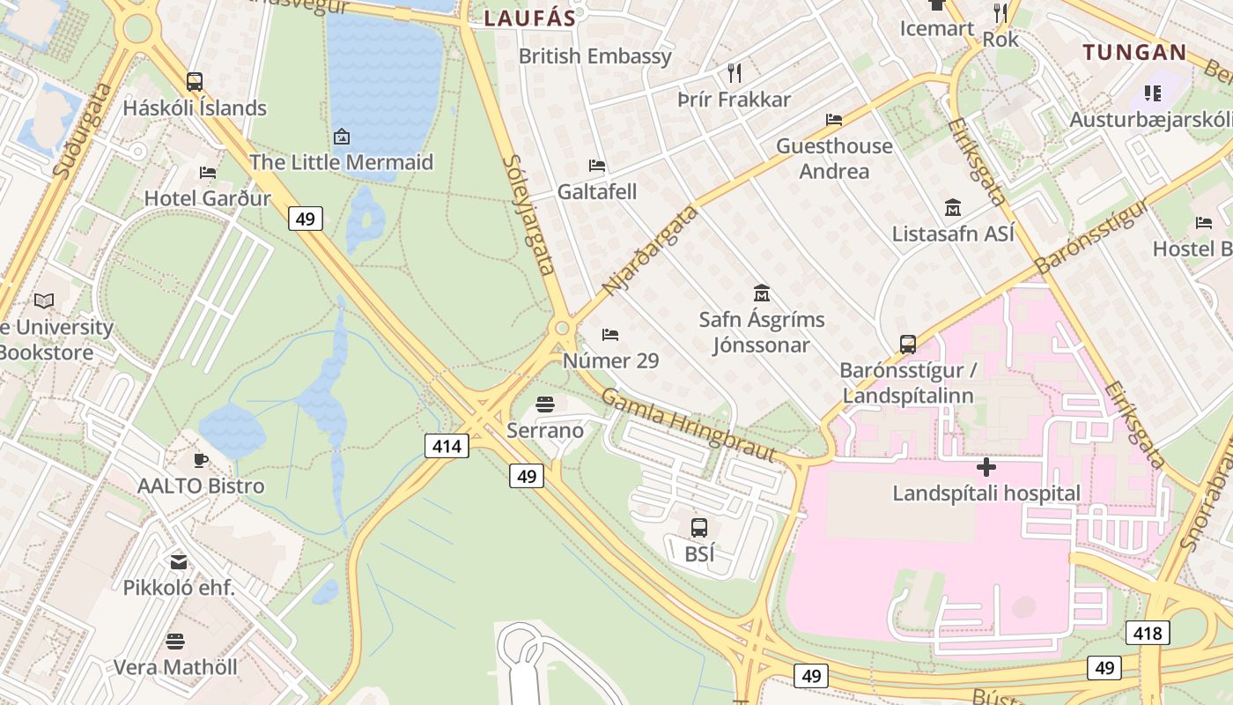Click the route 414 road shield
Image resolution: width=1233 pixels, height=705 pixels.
tap(447, 446)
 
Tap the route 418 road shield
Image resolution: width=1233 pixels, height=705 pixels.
tap(1148, 632)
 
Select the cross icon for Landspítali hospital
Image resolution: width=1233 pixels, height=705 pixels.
tap(986, 466)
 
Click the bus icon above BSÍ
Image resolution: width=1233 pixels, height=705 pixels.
tap(698, 528)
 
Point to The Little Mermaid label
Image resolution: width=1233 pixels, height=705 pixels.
tap(341, 162)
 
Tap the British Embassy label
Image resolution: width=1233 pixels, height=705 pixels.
tap(594, 56)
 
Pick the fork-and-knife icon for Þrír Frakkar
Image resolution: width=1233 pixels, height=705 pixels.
tap(735, 72)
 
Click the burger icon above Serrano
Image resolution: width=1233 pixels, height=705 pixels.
tap(545, 404)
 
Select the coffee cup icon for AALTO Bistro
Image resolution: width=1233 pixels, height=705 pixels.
tap(201, 459)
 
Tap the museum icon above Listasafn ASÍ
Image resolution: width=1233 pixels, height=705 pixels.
tap(953, 207)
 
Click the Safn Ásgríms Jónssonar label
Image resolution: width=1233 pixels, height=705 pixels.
tap(762, 331)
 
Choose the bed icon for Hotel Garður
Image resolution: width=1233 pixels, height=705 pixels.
tap(208, 172)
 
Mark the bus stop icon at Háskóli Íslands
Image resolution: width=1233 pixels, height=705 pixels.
tap(195, 81)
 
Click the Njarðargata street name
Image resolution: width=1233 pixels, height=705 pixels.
tap(650, 250)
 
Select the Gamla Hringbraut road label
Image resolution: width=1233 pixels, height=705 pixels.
tap(687, 424)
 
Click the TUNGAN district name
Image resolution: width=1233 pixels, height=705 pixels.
tap(1134, 52)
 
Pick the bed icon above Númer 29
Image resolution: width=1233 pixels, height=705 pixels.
tap(609, 334)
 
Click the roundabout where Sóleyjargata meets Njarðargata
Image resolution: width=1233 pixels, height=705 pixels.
tap(562, 329)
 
